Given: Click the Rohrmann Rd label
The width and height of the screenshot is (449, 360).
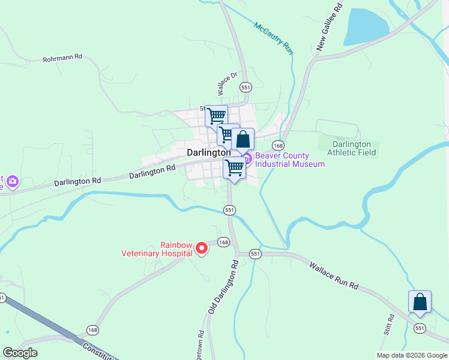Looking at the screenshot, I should click(x=62, y=59).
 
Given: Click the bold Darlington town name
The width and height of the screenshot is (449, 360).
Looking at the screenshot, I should click(x=208, y=152).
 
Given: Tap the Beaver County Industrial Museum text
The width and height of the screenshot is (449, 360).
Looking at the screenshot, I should click(x=290, y=160).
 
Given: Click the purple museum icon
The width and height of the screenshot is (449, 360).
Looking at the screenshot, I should click(x=247, y=157).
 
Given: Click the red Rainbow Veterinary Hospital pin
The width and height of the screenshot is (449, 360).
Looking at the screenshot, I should click(x=202, y=247).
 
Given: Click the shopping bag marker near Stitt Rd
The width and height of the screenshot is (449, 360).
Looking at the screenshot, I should click(x=420, y=301).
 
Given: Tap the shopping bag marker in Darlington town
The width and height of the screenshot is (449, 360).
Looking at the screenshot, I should click(x=243, y=139).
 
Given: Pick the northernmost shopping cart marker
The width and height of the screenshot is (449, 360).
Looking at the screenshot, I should click(x=216, y=115).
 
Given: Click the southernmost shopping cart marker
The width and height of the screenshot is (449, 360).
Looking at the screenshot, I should click(x=235, y=167).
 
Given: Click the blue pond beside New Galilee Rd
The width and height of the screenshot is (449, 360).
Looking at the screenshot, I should click(x=366, y=27).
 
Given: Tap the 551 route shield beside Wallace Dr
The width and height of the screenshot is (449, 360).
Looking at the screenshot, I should click(x=245, y=87).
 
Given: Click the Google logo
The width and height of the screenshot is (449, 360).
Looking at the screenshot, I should click(x=20, y=353).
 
